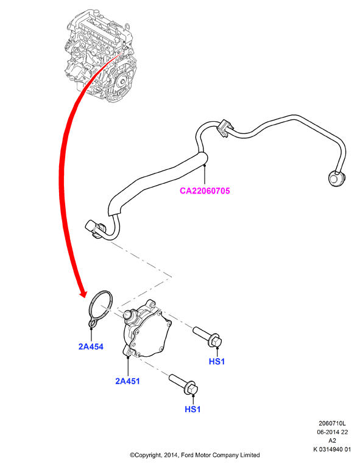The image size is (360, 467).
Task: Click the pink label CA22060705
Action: [x=205, y=191]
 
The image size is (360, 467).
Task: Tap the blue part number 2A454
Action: [x=91, y=346]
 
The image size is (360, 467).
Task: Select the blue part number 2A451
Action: [x=127, y=381]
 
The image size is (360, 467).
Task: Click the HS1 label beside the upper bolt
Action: [x=217, y=361]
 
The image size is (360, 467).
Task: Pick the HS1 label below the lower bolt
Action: [x=192, y=409]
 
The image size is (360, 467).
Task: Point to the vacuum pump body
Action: [x=147, y=329]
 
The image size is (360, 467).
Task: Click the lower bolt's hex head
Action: [x=192, y=388]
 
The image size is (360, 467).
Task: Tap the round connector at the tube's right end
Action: [x=336, y=178]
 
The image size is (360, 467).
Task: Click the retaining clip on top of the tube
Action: [x=224, y=128]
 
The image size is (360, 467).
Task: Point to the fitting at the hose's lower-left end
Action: [x=94, y=229]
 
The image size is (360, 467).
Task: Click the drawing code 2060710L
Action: [x=333, y=423]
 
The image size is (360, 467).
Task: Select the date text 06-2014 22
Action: [x=333, y=432]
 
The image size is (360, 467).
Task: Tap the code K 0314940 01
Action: [x=333, y=449]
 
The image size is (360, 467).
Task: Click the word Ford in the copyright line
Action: [x=188, y=455]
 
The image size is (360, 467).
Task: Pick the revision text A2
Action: [x=333, y=440]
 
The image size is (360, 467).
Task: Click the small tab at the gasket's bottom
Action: [x=92, y=323]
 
